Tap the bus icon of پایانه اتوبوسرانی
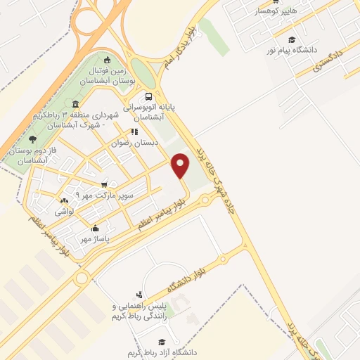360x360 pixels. click(148, 97)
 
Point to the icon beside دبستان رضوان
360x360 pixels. click(134, 131)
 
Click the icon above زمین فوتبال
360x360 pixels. click(106, 60)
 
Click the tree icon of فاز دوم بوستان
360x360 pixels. click(32, 139)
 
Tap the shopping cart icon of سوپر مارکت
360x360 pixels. click(103, 185)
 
